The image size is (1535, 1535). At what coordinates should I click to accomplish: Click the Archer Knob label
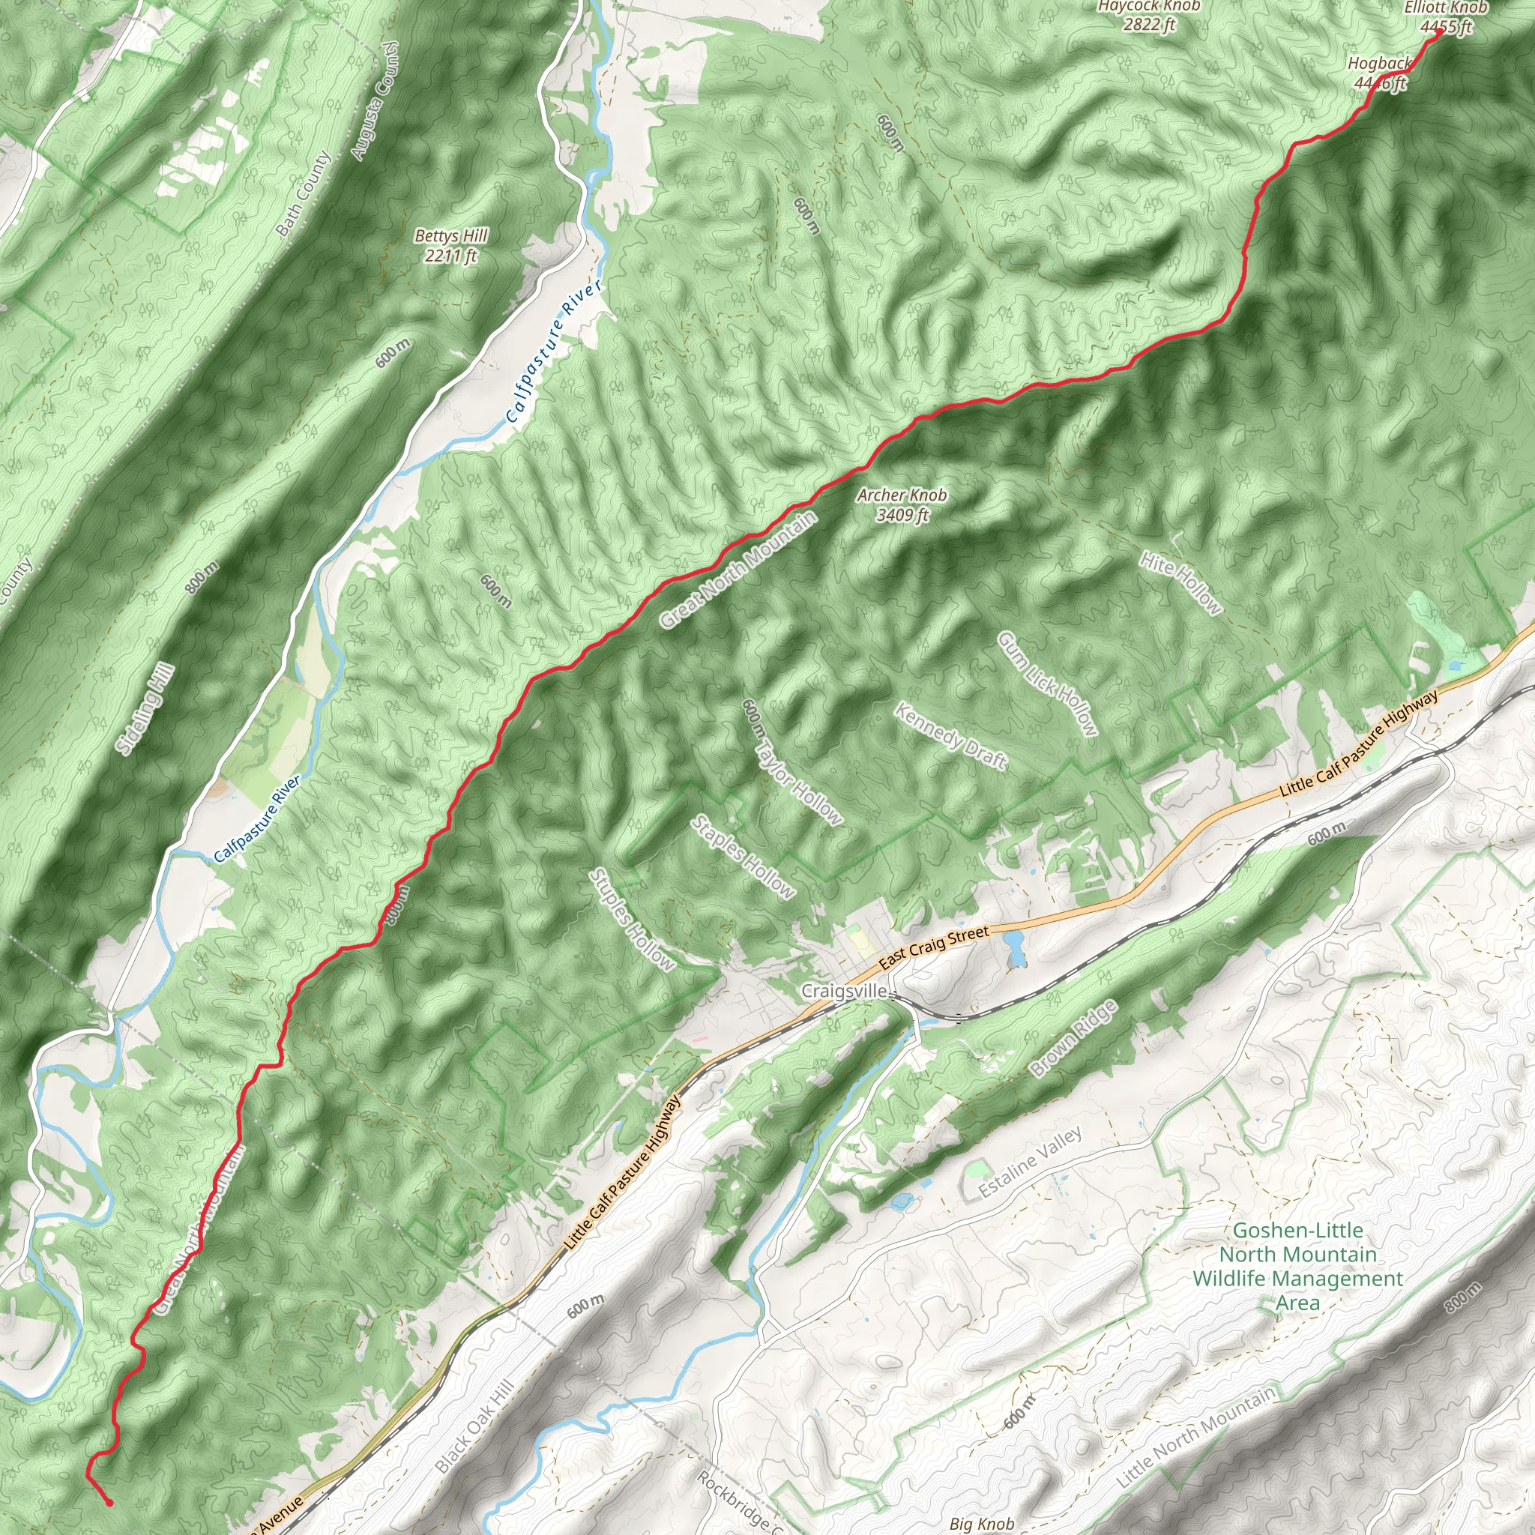[x=902, y=504]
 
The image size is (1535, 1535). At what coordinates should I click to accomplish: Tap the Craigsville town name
[x=844, y=991]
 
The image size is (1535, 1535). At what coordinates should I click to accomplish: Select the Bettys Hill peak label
[x=450, y=246]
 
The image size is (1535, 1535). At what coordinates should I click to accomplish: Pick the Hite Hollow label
[x=1180, y=583]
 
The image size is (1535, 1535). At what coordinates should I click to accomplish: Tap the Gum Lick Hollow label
[x=1047, y=684]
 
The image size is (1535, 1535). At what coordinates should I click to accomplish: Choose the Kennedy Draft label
[x=951, y=737]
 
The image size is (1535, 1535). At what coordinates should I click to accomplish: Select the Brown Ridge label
[x=1074, y=1037]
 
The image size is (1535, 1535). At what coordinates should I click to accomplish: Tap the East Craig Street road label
[x=935, y=947]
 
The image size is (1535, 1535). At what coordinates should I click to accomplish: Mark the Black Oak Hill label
[x=475, y=1426]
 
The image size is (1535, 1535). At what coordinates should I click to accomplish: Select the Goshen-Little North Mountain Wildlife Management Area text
[x=1297, y=1267]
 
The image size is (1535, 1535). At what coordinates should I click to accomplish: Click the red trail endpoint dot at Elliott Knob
[x=1439, y=34]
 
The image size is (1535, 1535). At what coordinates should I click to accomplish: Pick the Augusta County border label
[x=373, y=101]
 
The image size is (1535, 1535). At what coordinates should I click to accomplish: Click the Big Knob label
[x=982, y=1523]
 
